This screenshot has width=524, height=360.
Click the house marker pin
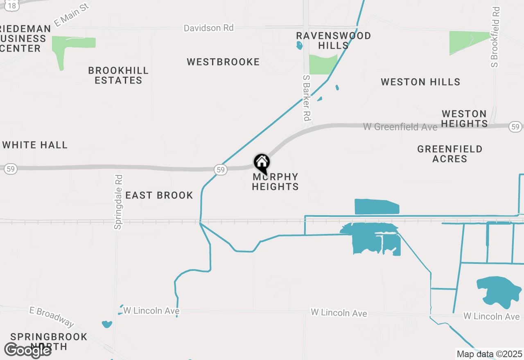262,163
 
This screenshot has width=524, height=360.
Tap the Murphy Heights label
275,182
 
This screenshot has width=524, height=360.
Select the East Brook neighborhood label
159,196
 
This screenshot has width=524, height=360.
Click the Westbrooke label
223,62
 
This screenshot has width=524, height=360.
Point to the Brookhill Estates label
118,76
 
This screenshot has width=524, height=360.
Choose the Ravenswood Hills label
333,40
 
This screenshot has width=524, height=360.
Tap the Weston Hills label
420,82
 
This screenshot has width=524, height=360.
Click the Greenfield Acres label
449,154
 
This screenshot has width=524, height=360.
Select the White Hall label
35,145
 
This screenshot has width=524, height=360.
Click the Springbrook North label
49,342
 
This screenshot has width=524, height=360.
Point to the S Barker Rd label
306,97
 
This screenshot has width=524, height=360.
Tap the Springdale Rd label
118,202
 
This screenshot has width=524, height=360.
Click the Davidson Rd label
209,28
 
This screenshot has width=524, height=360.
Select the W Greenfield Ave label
400,127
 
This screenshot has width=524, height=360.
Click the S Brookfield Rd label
496,37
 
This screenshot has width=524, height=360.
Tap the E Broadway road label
52,317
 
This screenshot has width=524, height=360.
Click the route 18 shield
13,5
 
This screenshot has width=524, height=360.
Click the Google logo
27,350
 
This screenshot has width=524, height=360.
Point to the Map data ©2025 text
489,354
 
